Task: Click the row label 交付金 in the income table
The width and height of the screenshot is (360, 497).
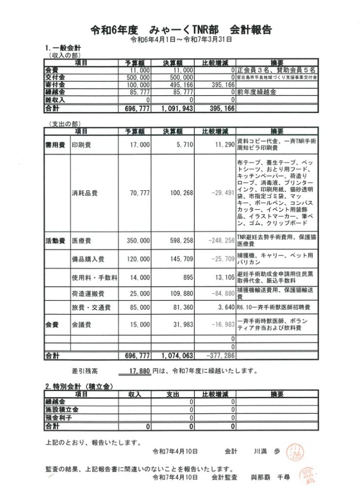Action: (x=54, y=77)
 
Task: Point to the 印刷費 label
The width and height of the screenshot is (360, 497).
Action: (x=81, y=144)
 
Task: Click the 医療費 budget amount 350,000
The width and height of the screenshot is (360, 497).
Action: (x=138, y=240)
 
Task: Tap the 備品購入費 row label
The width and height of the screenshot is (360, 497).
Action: (x=88, y=259)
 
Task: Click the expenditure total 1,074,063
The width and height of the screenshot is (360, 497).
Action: (x=178, y=356)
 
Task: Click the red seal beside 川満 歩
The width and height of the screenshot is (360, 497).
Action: (x=294, y=451)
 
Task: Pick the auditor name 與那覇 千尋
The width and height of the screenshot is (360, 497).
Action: (x=270, y=478)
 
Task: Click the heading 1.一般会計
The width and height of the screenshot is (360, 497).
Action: (x=63, y=49)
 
